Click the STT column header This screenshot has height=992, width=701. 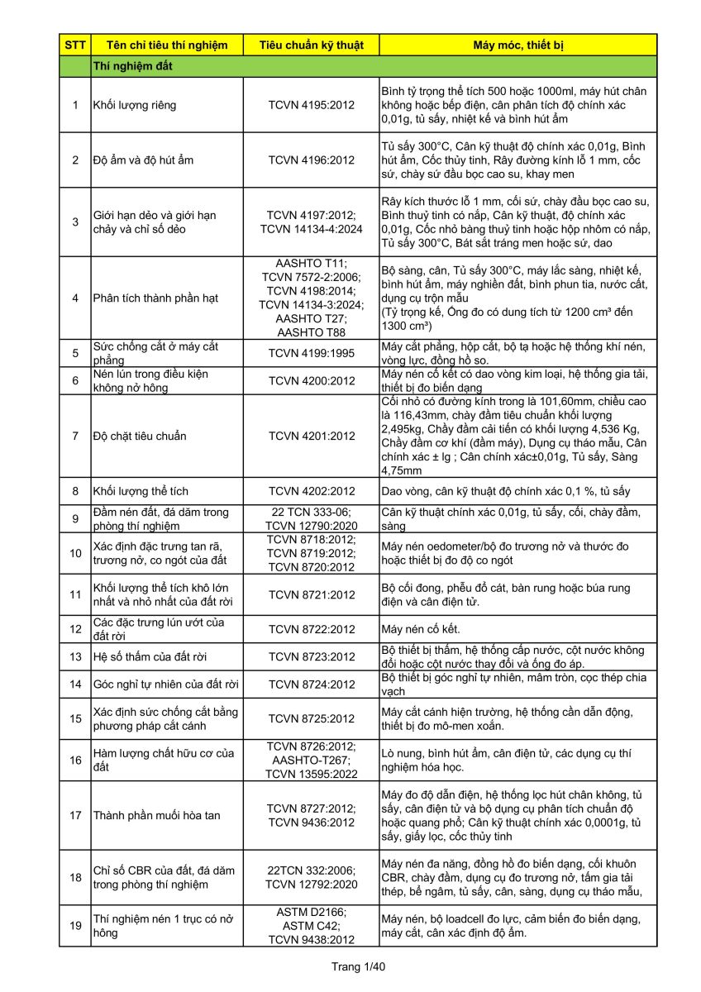74,45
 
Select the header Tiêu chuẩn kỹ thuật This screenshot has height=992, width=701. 311,45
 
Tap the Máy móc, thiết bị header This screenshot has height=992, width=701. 518,45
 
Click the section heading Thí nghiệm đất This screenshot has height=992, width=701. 132,65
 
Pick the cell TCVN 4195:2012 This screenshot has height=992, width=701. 311,105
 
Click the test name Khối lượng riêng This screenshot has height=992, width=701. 135,105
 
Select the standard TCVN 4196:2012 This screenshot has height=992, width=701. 311,160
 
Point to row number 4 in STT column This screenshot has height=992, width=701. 74,298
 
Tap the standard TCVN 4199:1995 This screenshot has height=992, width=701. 311,353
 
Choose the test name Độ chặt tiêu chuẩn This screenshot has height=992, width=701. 140,436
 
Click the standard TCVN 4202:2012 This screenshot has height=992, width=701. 311,490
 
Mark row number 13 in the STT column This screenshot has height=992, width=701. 74,656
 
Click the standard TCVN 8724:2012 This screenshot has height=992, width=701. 311,684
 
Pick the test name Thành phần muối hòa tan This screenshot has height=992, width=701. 157,815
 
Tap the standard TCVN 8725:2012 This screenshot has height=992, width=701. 311,718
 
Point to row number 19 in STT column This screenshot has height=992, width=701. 74,925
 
